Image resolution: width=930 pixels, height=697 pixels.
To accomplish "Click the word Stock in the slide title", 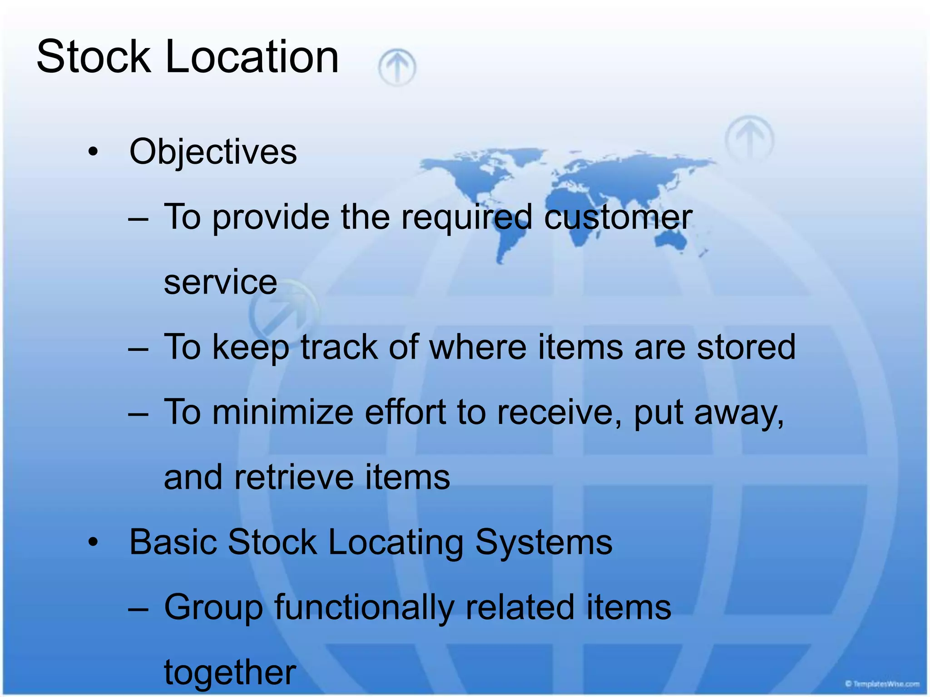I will click(x=93, y=57).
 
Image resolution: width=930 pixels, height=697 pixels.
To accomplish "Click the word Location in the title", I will click(x=252, y=57).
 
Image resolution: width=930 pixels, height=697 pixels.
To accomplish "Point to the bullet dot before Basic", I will click(x=93, y=542).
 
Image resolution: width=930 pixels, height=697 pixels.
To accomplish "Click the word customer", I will click(x=618, y=217).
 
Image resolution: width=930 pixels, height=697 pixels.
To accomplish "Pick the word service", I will click(x=220, y=282).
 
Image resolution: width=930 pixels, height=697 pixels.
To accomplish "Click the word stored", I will click(x=746, y=347).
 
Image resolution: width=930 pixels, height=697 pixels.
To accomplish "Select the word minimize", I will click(x=283, y=412).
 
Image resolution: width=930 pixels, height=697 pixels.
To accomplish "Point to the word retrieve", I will click(x=294, y=477).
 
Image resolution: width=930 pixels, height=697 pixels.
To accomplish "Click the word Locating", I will click(x=395, y=542).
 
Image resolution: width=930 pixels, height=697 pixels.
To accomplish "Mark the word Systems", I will click(x=544, y=542).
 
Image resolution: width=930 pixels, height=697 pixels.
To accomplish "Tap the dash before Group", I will click(x=138, y=608).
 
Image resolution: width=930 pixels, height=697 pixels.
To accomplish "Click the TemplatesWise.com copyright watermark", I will click(x=882, y=684).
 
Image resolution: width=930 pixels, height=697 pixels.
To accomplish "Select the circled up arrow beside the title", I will click(x=397, y=68).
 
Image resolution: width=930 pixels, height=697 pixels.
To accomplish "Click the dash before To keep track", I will click(x=138, y=348).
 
